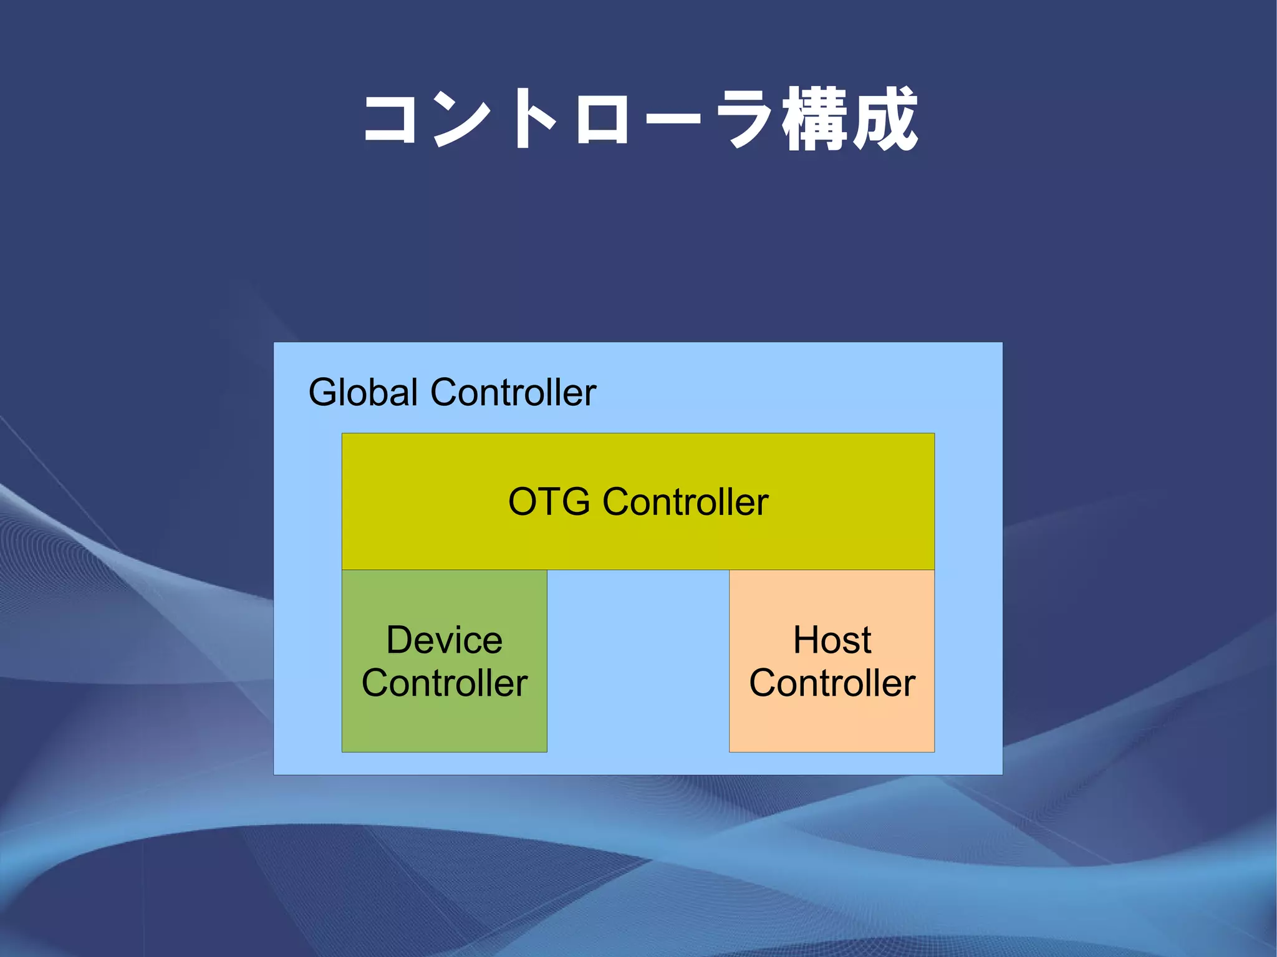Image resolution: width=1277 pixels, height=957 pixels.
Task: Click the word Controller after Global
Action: click(x=513, y=393)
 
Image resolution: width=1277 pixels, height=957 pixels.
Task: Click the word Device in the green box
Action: click(x=444, y=640)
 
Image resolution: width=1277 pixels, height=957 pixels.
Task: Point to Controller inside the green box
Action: click(x=444, y=683)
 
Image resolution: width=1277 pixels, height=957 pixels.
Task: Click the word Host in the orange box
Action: click(x=832, y=640)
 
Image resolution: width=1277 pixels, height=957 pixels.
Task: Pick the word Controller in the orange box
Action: click(x=832, y=683)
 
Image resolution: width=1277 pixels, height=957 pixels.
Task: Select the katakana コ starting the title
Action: click(x=390, y=120)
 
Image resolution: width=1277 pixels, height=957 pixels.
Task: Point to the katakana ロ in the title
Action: click(x=602, y=120)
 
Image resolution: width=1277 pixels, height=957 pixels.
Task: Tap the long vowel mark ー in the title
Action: click(x=672, y=118)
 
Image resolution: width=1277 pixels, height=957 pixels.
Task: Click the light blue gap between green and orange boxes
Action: click(x=638, y=661)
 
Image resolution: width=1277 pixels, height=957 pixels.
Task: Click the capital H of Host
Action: click(x=805, y=640)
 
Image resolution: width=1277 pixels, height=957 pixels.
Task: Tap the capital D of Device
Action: click(x=399, y=640)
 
